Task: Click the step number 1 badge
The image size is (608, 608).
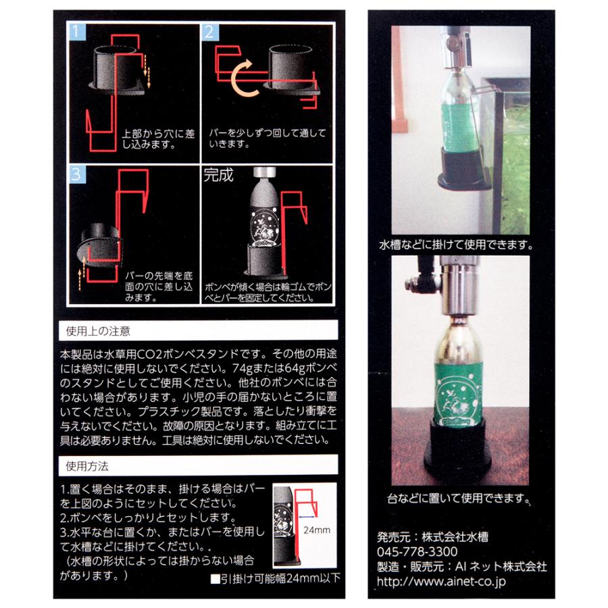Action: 76,32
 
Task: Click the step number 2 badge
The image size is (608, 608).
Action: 208,32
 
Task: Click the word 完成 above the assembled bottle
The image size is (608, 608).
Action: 218,176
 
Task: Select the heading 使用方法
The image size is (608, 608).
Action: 88,466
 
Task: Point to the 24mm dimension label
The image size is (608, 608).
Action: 317,530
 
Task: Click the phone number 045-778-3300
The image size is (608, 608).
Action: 413,551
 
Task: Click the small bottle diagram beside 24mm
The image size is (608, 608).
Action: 287,527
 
